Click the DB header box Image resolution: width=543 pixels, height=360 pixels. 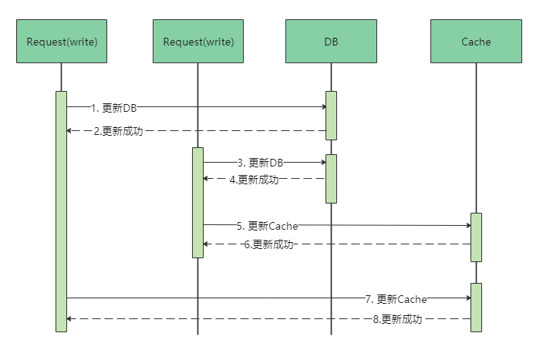pyautogui.click(x=331, y=42)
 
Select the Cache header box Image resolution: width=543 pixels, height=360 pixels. pyautogui.click(x=476, y=42)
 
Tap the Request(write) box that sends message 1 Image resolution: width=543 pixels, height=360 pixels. pyautogui.click(x=62, y=42)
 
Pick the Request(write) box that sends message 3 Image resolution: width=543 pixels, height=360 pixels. pyautogui.click(x=198, y=42)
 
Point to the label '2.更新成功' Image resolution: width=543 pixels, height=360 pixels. pyautogui.click(x=118, y=131)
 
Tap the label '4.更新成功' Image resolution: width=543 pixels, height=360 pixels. pyautogui.click(x=255, y=179)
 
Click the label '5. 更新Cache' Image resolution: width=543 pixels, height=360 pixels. pyautogui.click(x=267, y=226)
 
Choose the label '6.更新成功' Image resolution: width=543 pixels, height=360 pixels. pyautogui.click(x=268, y=244)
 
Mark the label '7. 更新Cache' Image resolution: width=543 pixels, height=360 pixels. pyautogui.click(x=396, y=298)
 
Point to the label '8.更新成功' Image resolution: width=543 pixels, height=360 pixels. pyautogui.click(x=397, y=318)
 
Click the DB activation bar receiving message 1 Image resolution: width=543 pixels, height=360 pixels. pyautogui.click(x=331, y=116)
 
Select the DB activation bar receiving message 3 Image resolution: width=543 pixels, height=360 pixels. pyautogui.click(x=331, y=178)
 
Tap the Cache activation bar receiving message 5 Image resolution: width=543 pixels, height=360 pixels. pyautogui.click(x=476, y=237)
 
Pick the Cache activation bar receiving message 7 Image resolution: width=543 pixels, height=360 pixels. pyautogui.click(x=476, y=307)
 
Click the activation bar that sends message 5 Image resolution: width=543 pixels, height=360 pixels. pyautogui.click(x=198, y=202)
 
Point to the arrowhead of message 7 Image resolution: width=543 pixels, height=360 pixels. pyautogui.click(x=467, y=298)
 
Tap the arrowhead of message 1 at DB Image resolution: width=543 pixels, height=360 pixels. pyautogui.click(x=322, y=108)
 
